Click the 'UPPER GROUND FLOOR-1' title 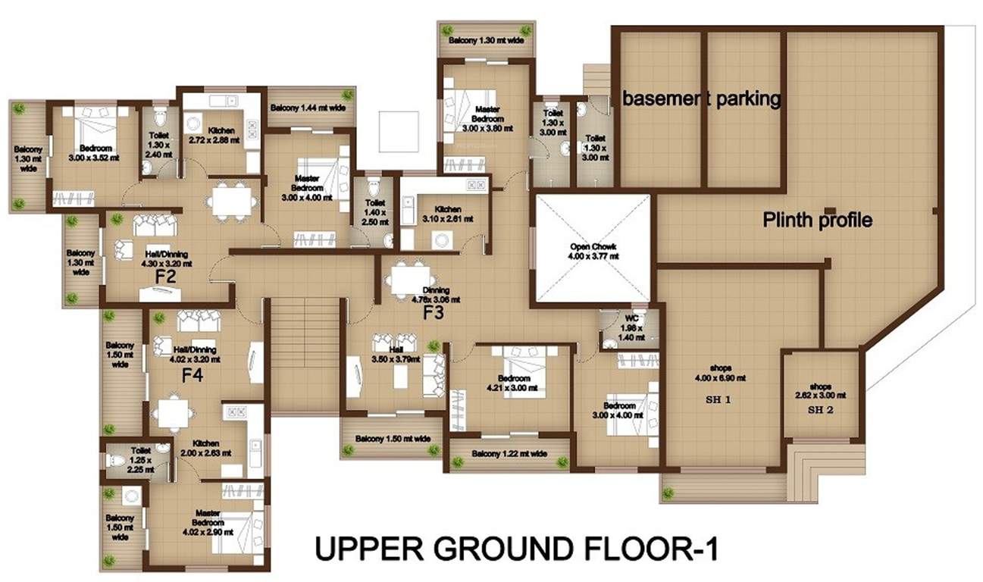tap(516, 549)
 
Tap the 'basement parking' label tap(702, 98)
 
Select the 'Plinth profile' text tap(817, 221)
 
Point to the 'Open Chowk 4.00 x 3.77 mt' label tap(592, 252)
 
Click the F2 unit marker tap(166, 277)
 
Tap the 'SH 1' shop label tap(721, 399)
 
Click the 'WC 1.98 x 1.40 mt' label tap(631, 328)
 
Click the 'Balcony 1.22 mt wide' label tap(510, 454)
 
